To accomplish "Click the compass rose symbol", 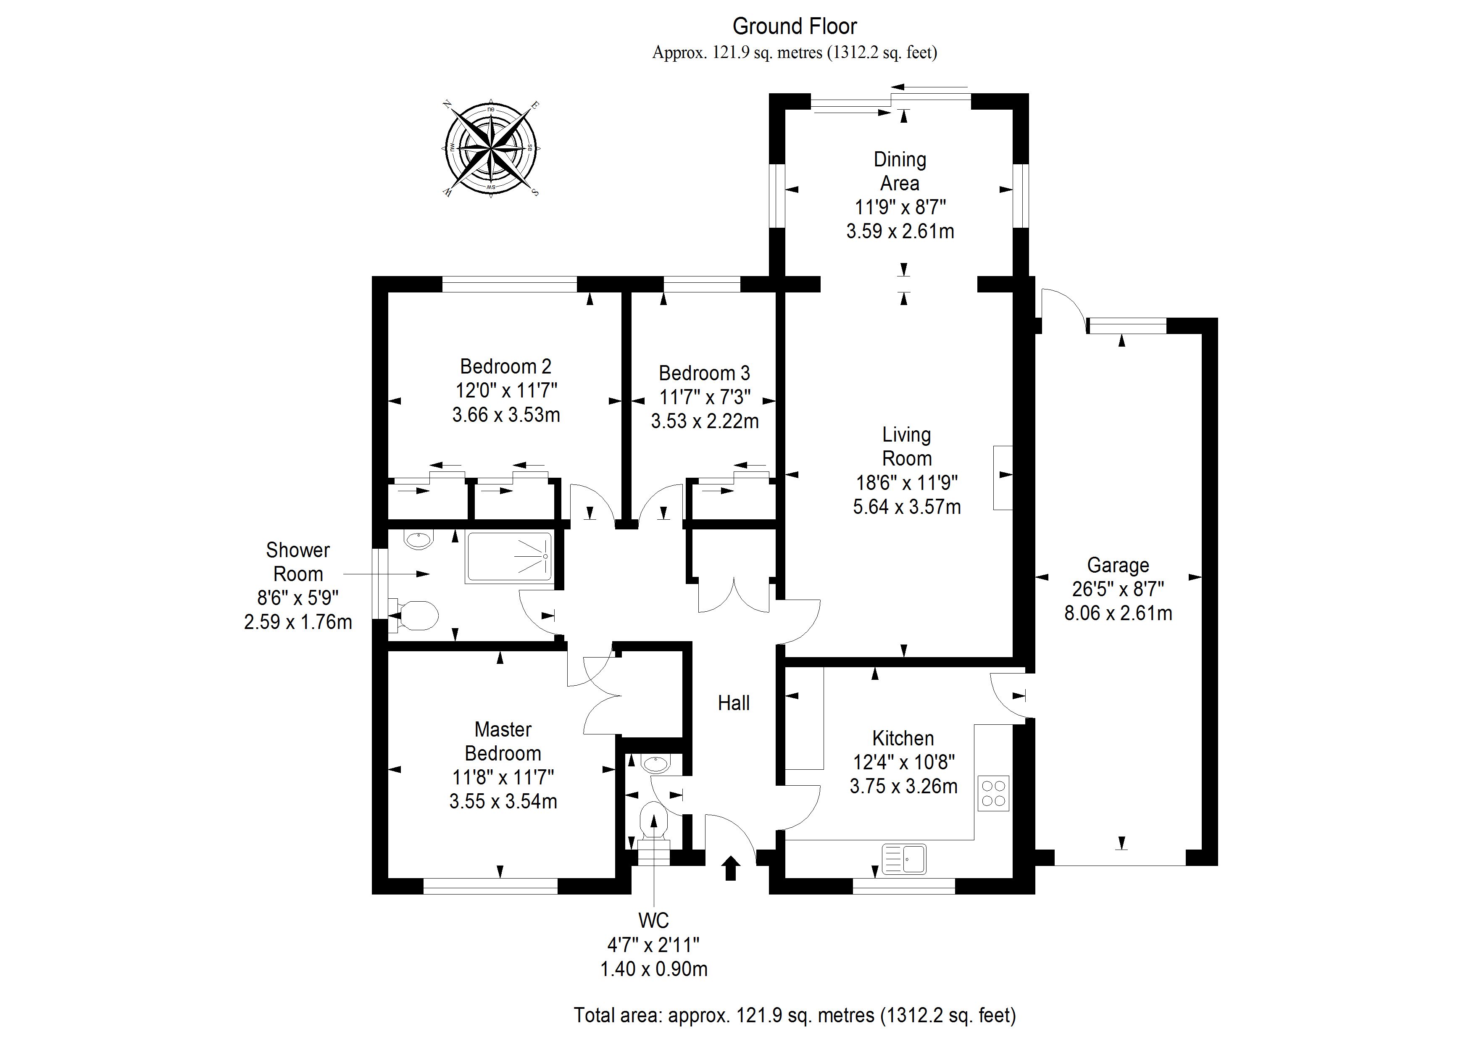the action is coord(491,149).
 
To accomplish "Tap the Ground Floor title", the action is coord(795,26).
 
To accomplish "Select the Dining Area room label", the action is coord(900,171).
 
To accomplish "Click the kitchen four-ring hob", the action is coord(994,794).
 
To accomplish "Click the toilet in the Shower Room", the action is coord(414,616).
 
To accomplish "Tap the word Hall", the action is coord(734,703).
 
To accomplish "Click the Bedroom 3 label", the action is coord(704,373).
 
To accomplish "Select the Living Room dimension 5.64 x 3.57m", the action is coord(906,507).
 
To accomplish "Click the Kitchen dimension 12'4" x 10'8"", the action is coord(904,762).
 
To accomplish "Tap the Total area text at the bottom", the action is coord(795,1015).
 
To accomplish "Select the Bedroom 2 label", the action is coord(506,367).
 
